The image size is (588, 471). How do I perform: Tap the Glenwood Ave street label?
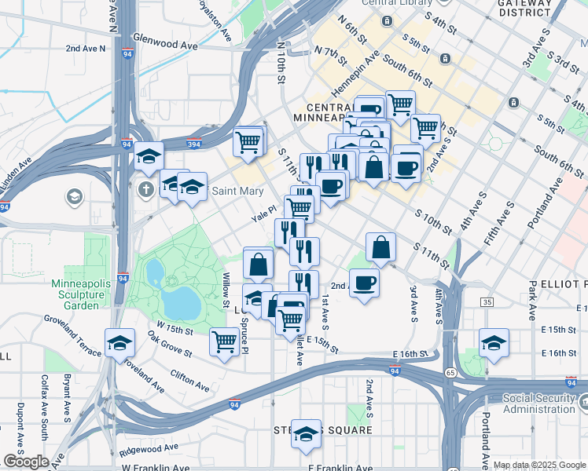click(165, 46)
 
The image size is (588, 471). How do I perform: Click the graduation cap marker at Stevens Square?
click(306, 433)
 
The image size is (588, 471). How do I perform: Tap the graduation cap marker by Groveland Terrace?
click(119, 342)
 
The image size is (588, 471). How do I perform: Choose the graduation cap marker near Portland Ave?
click(494, 342)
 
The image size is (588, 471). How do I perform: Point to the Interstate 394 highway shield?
click(193, 144)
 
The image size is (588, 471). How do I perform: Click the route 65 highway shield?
click(450, 372)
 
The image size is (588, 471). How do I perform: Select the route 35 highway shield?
click(487, 302)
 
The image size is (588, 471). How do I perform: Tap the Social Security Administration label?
click(538, 403)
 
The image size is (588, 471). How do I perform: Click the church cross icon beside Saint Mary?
click(145, 189)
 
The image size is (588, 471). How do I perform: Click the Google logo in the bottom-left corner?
click(26, 462)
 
